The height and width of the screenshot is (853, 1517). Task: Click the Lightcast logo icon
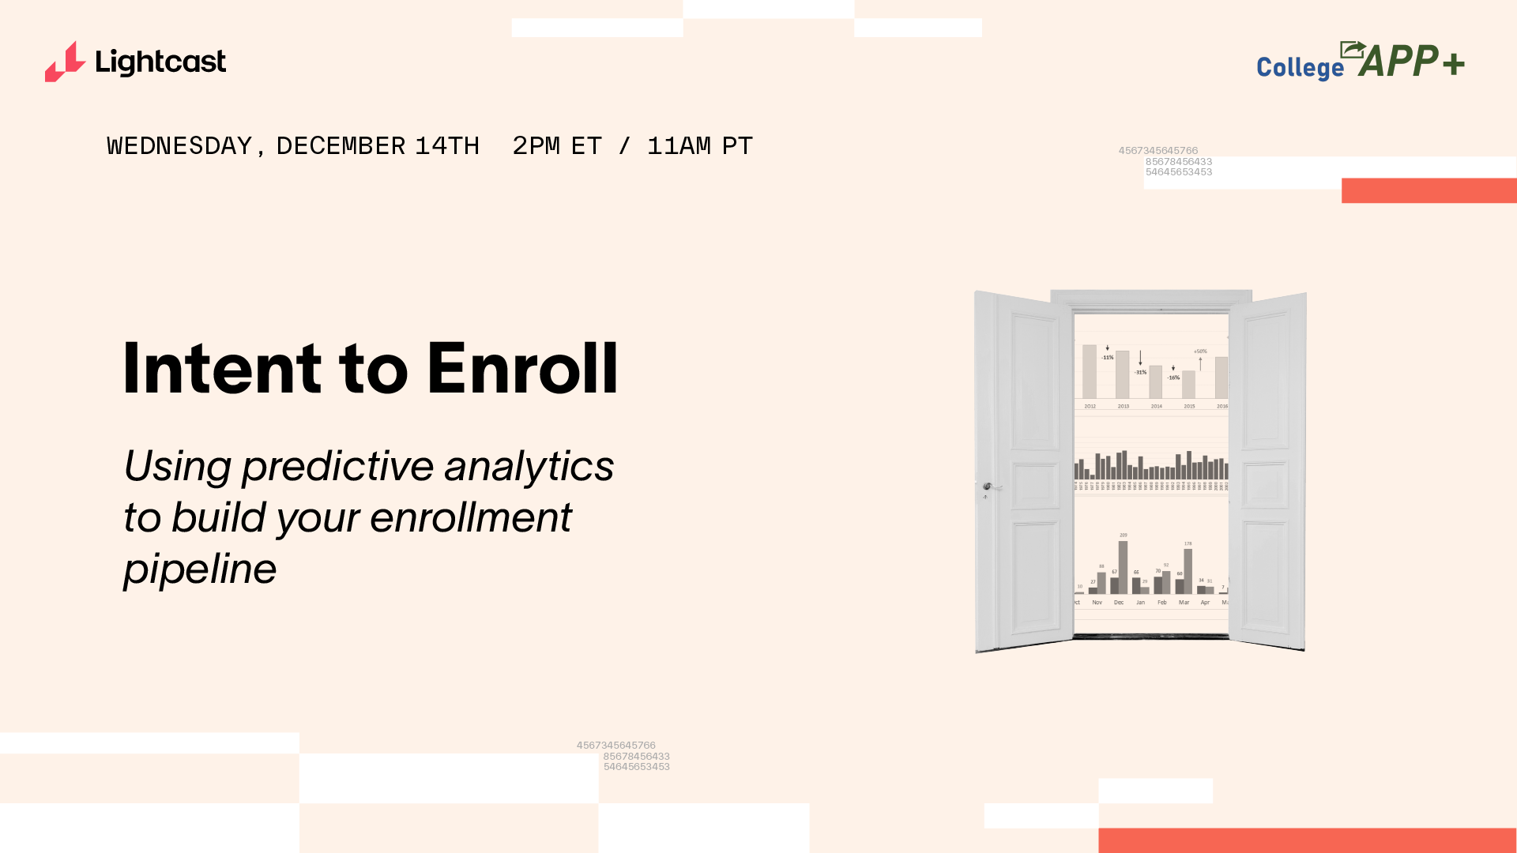click(x=65, y=62)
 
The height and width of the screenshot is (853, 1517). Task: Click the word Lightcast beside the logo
click(x=160, y=62)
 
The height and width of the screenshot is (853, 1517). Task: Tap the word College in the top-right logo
click(x=1300, y=68)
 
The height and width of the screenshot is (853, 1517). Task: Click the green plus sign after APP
click(x=1453, y=63)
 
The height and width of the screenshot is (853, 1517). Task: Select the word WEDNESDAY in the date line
click(x=179, y=146)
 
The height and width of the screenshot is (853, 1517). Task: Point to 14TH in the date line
click(x=447, y=146)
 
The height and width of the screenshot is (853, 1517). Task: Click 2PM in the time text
click(x=536, y=146)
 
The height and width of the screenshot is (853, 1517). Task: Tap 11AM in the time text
click(x=679, y=146)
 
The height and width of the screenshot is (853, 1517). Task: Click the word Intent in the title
click(x=222, y=369)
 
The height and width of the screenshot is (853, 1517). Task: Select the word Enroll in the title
click(x=522, y=369)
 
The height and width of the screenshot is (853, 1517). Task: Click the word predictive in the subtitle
click(x=337, y=466)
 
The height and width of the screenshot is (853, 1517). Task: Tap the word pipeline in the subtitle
click(x=200, y=569)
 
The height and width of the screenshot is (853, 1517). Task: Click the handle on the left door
click(x=988, y=487)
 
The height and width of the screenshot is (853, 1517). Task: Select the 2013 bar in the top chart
click(x=1123, y=375)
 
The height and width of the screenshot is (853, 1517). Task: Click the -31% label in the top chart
click(x=1141, y=372)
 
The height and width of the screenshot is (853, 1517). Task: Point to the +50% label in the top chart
click(x=1200, y=351)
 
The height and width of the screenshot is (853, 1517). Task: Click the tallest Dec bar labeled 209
click(x=1124, y=567)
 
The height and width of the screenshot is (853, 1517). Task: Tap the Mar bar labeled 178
click(x=1188, y=571)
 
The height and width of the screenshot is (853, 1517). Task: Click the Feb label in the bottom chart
click(x=1162, y=603)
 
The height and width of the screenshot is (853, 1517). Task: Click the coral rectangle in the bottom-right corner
click(x=1307, y=840)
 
